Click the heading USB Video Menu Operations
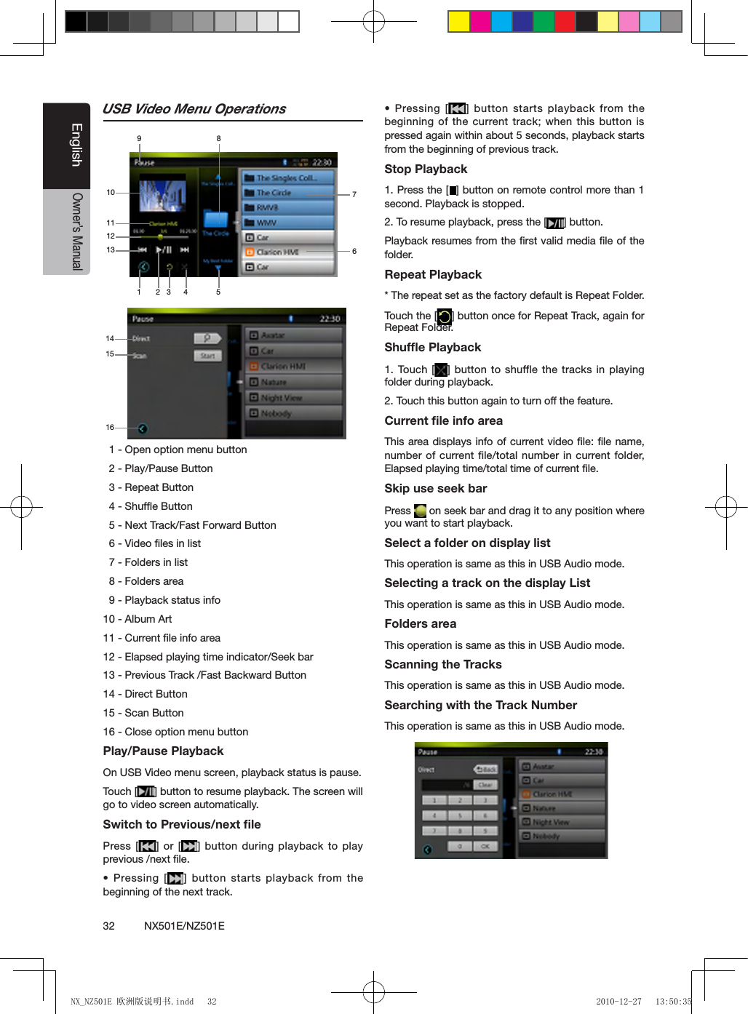point(194,109)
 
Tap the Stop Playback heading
point(426,169)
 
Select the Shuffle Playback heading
point(432,347)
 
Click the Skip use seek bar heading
point(435,488)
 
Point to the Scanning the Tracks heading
point(442,664)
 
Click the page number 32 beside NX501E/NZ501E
point(109,926)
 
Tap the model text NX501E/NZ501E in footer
point(184,926)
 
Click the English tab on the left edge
point(76,145)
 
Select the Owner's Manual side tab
point(76,231)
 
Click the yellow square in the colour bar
point(458,22)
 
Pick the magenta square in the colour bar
point(480,22)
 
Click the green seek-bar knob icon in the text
point(420,511)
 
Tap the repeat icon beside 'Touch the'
point(444,316)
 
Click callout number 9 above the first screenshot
point(139,138)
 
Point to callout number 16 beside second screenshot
point(110,427)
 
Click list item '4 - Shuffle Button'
point(151,506)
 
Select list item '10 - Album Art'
point(138,619)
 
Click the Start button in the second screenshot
point(207,356)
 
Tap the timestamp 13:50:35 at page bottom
point(673,1002)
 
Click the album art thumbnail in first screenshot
point(162,195)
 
